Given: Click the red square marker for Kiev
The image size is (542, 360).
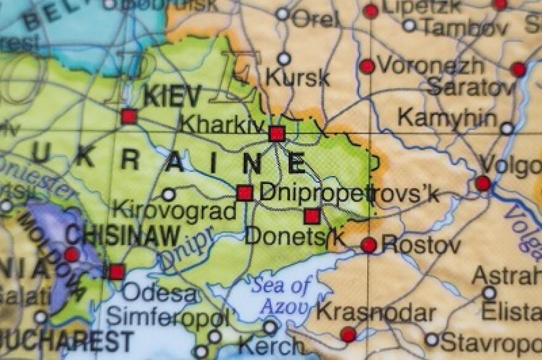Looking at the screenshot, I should coord(128,116).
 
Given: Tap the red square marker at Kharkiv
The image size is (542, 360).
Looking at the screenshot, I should coord(277,134).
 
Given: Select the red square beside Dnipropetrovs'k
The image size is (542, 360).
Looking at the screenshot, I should coord(245,193).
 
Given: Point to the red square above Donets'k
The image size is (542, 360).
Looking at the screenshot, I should coord(312,216).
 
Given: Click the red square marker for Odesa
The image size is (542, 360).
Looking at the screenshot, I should coord(116,271).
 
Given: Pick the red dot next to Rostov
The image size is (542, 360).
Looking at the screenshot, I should coord(368,245).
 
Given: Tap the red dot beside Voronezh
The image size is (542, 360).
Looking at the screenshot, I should coord(367,66).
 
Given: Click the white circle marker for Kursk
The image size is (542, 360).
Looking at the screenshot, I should coord(283,59).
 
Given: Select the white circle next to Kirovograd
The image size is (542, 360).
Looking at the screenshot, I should coord(168,195).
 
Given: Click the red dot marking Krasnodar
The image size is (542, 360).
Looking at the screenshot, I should coord(348,335).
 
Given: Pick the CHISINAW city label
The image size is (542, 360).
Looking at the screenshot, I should coord(123,235).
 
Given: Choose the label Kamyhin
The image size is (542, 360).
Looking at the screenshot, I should coord(447,117).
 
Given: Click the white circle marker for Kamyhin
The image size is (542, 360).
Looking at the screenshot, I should coord(506,129).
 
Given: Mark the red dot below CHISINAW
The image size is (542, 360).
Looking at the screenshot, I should coord(72,255).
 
